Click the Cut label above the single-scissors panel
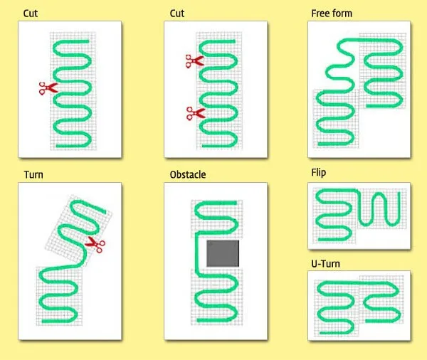31,14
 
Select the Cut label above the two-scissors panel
178,14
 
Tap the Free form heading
332,14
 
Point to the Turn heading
33,174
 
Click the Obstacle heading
188,174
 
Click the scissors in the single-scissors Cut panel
48,88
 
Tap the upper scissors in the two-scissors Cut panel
194,62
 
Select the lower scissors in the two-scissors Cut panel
194,113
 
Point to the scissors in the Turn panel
94,245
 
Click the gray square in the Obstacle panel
222,253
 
